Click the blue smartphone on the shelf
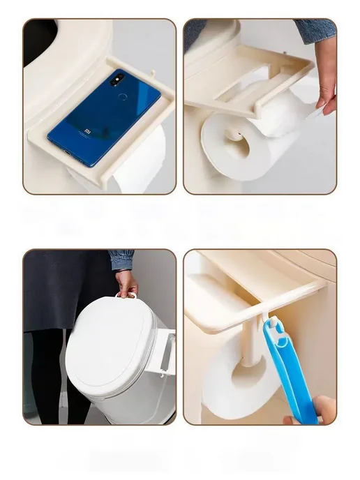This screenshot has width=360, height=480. coord(104,118)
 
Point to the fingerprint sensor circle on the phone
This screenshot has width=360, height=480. coord(123,97)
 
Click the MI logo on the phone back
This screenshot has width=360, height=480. coord(88,132)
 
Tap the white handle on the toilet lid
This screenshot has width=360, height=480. coord(126,295)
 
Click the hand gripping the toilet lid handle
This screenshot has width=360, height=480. coord(126,284)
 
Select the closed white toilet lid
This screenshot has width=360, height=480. coord(111,340)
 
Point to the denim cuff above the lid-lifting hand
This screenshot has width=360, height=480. coord(122,260)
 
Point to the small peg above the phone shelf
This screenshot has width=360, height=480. coord(153,74)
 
